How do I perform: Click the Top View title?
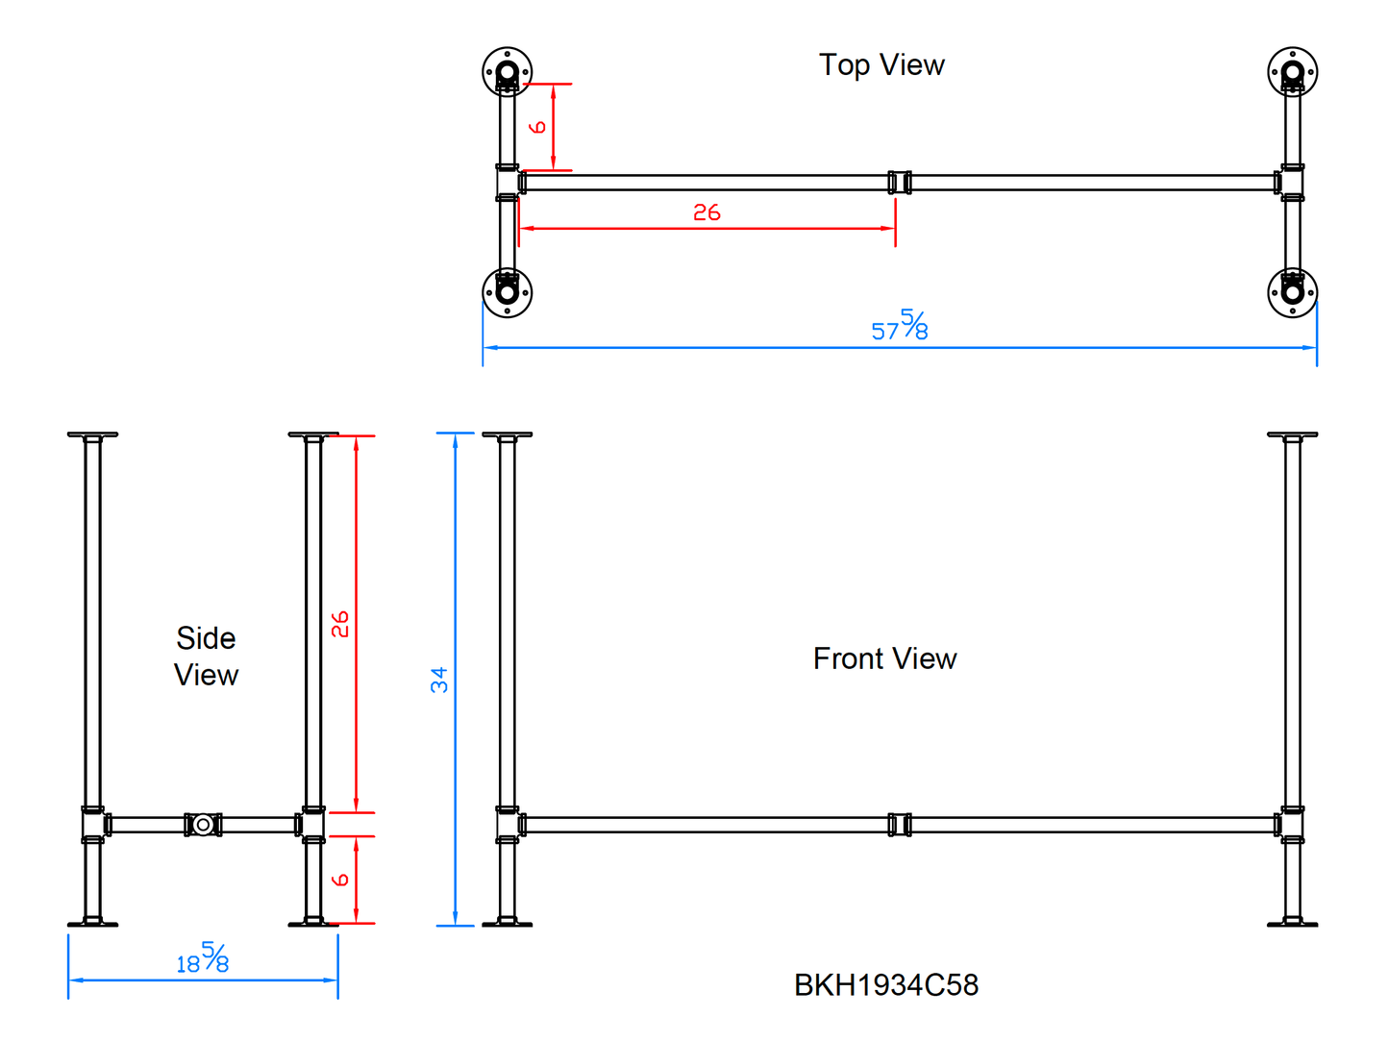click(881, 65)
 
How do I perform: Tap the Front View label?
click(884, 658)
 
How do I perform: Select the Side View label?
click(206, 657)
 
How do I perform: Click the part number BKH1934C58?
click(886, 985)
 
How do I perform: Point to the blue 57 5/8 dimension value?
click(900, 326)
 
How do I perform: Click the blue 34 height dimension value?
click(439, 680)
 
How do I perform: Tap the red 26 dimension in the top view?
click(707, 212)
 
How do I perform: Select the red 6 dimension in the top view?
click(538, 127)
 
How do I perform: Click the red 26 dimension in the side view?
click(340, 624)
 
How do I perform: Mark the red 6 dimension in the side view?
click(340, 880)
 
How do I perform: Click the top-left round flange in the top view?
click(507, 72)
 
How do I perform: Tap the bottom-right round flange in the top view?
click(1292, 291)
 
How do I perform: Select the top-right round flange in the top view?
click(1292, 72)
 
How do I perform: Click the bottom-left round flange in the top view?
click(507, 291)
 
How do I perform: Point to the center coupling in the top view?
click(899, 183)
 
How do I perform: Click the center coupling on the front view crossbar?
click(899, 825)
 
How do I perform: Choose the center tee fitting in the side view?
click(203, 825)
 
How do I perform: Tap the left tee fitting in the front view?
click(508, 825)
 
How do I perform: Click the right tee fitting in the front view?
click(1291, 825)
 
